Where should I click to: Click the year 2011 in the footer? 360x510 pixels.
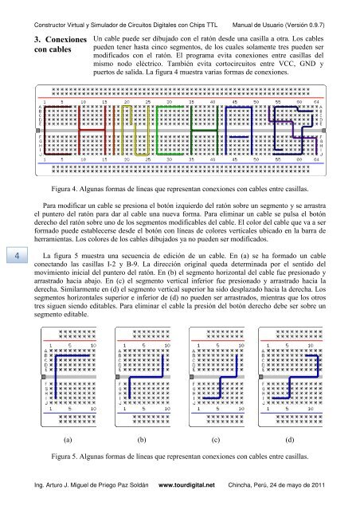pos(337,484)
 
